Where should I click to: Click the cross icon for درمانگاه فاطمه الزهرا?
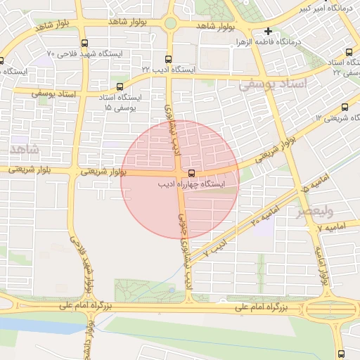click(268, 32)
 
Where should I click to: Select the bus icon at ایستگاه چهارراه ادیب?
click(191, 173)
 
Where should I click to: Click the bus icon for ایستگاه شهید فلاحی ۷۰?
click(85, 43)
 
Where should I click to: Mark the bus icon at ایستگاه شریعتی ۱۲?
click(344, 107)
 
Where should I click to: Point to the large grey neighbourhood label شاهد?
click(23, 150)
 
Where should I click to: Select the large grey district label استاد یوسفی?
click(274, 85)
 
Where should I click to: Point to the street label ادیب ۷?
click(216, 247)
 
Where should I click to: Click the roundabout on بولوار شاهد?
click(170, 24)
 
